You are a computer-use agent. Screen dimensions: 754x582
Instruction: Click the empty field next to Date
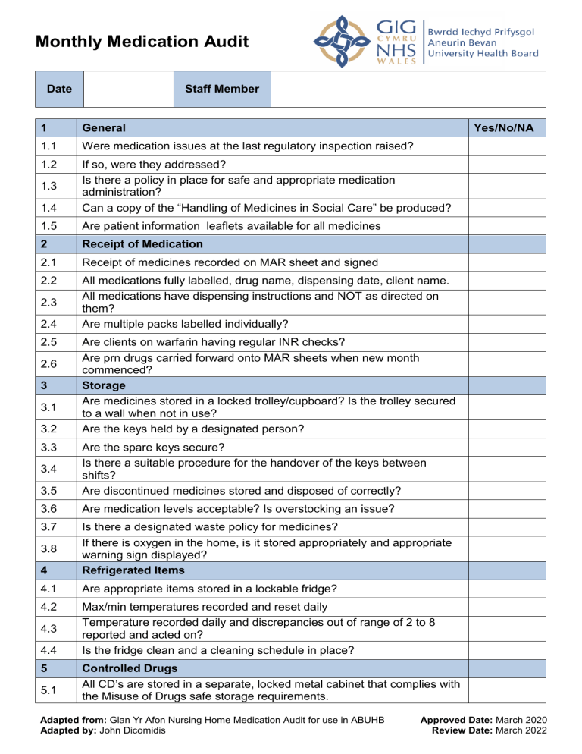point(127,89)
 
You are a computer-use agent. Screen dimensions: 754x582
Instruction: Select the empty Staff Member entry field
point(408,89)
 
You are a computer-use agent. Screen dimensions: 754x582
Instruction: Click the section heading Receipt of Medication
point(142,244)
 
